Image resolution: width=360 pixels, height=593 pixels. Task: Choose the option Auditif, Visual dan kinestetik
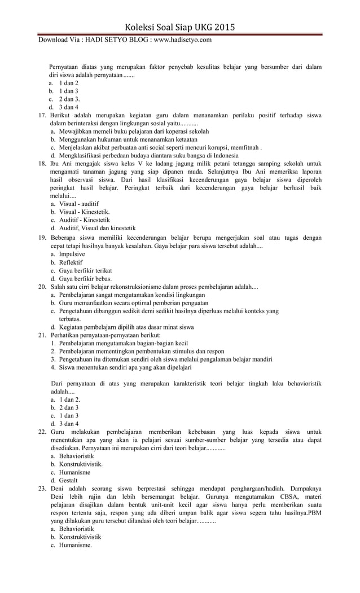pyautogui.click(x=97, y=228)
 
